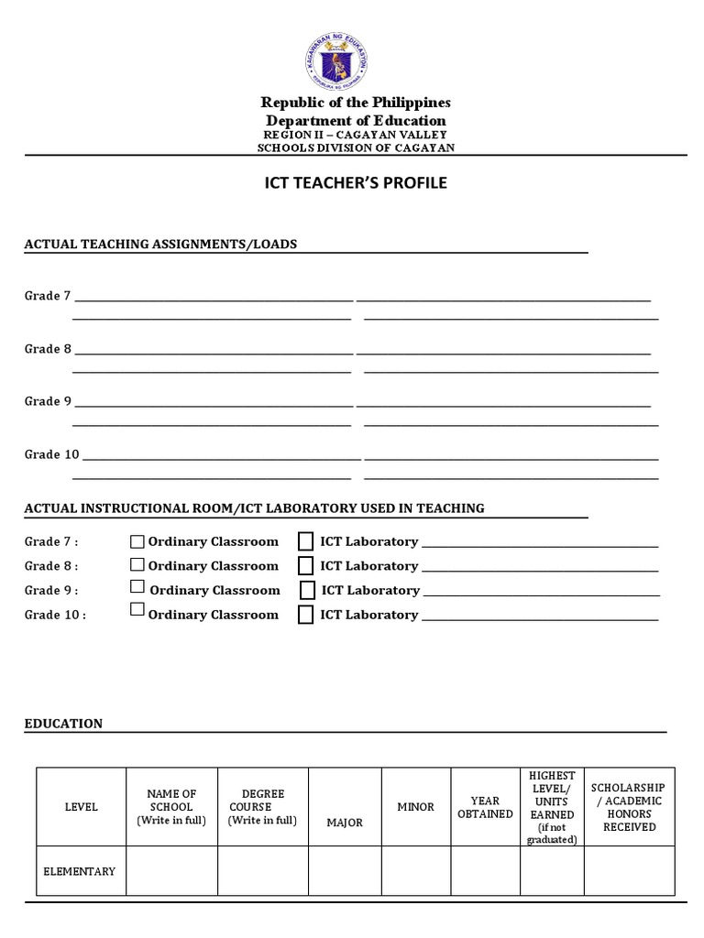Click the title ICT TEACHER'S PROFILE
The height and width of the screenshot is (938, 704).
coord(356,183)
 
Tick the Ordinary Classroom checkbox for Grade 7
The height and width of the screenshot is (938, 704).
coord(137,541)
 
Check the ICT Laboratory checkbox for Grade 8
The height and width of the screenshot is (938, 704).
coord(305,566)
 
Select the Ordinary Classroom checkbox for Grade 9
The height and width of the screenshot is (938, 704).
coord(137,587)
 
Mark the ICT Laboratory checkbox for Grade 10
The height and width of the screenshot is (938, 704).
coord(305,615)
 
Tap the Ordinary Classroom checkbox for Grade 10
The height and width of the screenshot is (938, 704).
coord(137,610)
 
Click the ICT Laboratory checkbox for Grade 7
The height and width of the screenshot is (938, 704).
coord(305,541)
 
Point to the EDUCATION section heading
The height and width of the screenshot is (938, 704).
coord(63,724)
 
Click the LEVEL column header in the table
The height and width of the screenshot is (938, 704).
coord(81,807)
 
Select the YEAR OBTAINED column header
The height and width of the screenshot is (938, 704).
coord(485,807)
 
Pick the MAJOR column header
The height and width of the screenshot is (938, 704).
coord(345,823)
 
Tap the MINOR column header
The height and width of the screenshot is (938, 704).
coord(415,807)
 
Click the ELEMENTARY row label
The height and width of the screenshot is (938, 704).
coord(80,871)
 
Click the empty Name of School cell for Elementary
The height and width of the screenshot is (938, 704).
coord(171,871)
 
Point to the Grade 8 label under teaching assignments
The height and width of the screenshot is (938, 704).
coord(48,349)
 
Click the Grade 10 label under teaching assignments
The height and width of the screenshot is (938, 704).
coord(51,454)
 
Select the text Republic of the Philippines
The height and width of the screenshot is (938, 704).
coord(356,103)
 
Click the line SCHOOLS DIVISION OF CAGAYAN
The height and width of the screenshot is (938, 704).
coord(356,147)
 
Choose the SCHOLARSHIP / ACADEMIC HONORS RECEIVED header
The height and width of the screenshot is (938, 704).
coord(629,807)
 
